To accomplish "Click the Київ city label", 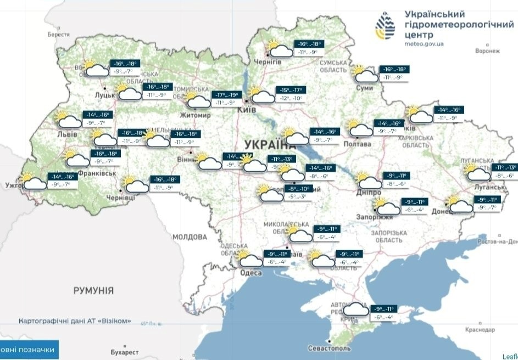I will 246,110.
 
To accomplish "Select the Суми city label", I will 365,88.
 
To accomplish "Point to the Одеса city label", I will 251,273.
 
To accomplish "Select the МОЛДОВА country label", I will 190,237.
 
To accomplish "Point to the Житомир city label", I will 195,116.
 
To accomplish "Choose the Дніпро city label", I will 368,193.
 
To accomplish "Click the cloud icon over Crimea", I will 355,311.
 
